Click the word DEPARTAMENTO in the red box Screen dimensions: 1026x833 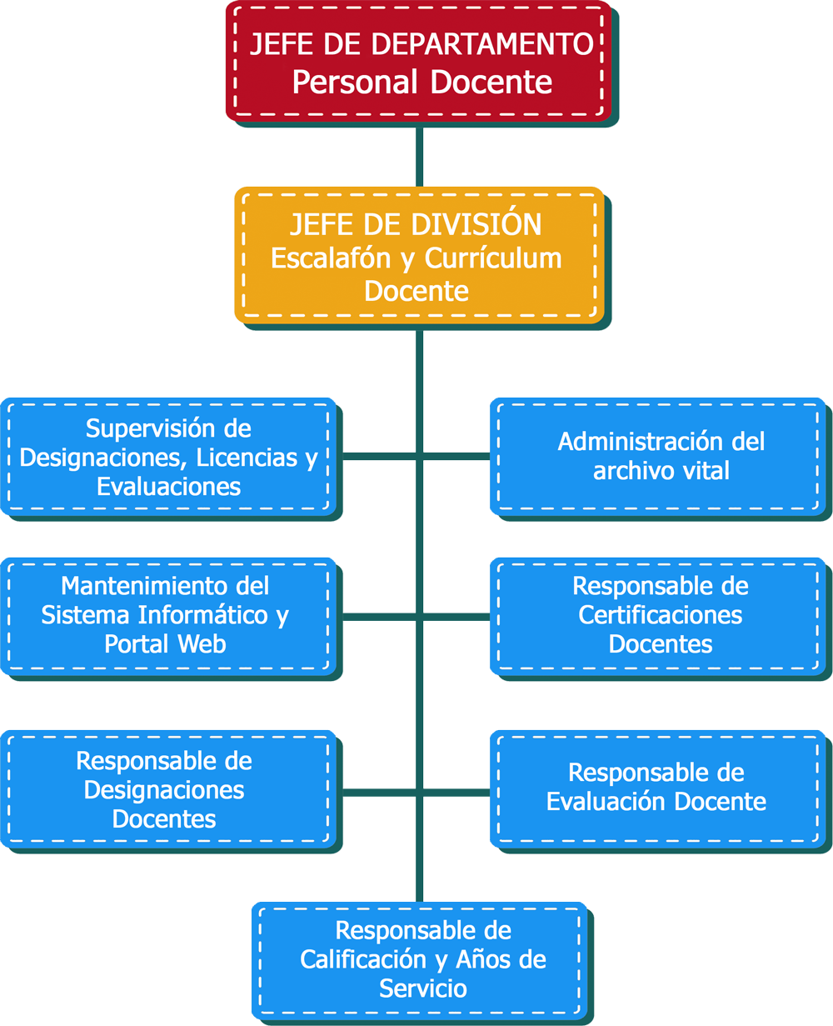(493, 44)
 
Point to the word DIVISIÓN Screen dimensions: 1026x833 (480, 224)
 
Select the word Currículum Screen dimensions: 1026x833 (493, 258)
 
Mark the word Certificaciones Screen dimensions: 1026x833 (661, 615)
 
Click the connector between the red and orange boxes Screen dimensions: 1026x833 (419, 157)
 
